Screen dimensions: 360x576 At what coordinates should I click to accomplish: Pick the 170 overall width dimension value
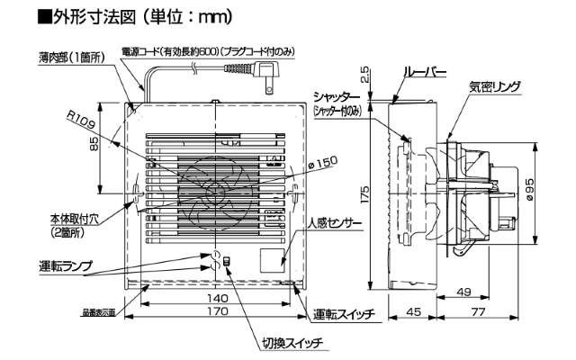tap(214, 312)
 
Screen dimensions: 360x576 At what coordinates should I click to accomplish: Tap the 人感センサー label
tap(332, 223)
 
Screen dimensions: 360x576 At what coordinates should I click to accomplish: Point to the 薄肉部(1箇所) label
tap(72, 57)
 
